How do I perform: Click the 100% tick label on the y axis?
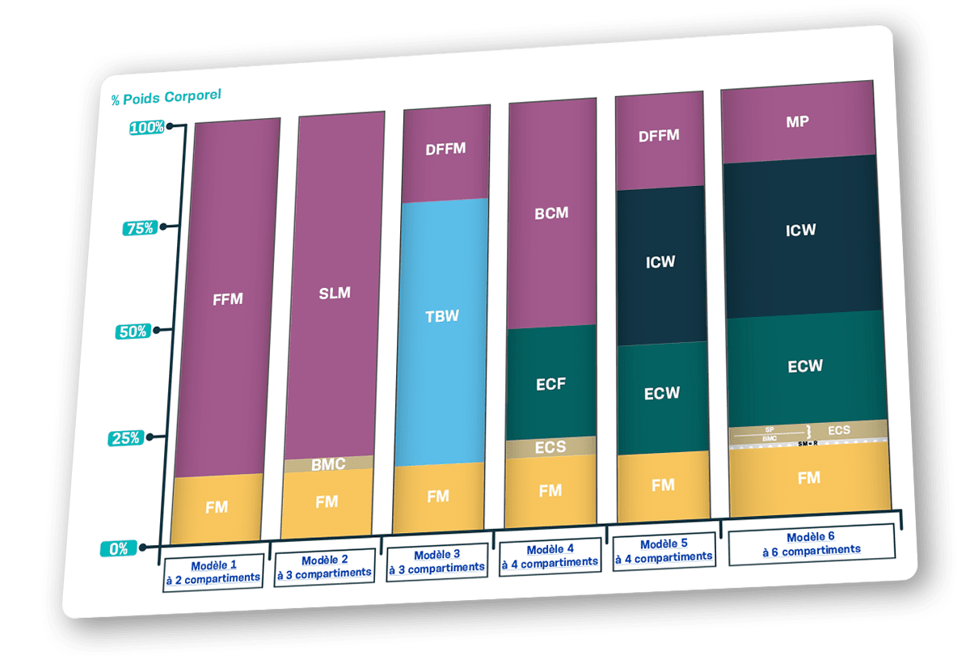point(147,127)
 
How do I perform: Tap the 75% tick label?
point(140,228)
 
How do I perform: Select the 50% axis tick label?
point(132,332)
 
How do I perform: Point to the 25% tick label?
point(125,438)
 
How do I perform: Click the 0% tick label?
point(119,548)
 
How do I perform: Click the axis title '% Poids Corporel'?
point(166,97)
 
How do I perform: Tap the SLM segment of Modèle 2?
point(335,292)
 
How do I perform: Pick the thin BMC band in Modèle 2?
point(328,463)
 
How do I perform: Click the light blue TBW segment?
point(442,315)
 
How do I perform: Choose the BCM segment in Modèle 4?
point(551,214)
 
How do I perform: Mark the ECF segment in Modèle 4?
point(550,383)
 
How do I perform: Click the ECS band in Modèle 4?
point(550,446)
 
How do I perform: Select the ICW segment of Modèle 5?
point(660,261)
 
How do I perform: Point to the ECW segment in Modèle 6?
point(805,366)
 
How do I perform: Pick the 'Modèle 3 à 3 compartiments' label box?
point(436,561)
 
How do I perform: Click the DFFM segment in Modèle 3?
point(445,149)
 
